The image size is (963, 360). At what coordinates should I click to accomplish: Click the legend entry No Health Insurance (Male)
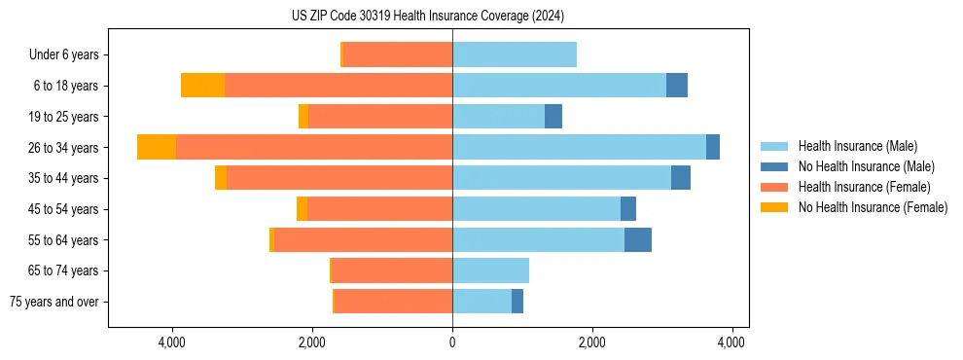[866, 166]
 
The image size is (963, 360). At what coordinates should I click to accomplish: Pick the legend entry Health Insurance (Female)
[864, 187]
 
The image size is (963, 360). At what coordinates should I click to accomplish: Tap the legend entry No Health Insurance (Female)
[873, 207]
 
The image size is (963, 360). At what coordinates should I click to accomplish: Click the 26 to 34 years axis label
[65, 147]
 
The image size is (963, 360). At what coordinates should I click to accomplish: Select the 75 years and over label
[53, 302]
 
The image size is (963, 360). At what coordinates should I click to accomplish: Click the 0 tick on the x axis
[452, 342]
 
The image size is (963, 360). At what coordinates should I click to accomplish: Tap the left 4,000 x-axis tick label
[172, 342]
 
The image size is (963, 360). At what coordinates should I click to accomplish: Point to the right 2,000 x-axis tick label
[591, 342]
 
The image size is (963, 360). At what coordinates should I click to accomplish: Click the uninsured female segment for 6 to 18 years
[202, 86]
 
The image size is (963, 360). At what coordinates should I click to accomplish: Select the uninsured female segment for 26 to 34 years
[157, 147]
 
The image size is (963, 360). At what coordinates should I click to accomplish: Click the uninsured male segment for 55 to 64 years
[638, 239]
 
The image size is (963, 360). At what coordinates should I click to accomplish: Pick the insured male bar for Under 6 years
[515, 54]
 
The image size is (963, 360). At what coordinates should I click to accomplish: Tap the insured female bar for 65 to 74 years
[587, 270]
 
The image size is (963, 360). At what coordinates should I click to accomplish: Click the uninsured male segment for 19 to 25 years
[553, 117]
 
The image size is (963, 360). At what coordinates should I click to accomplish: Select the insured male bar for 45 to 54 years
[536, 209]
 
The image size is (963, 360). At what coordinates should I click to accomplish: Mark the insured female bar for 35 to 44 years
[339, 178]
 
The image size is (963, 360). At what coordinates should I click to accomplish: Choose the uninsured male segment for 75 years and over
[517, 302]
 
